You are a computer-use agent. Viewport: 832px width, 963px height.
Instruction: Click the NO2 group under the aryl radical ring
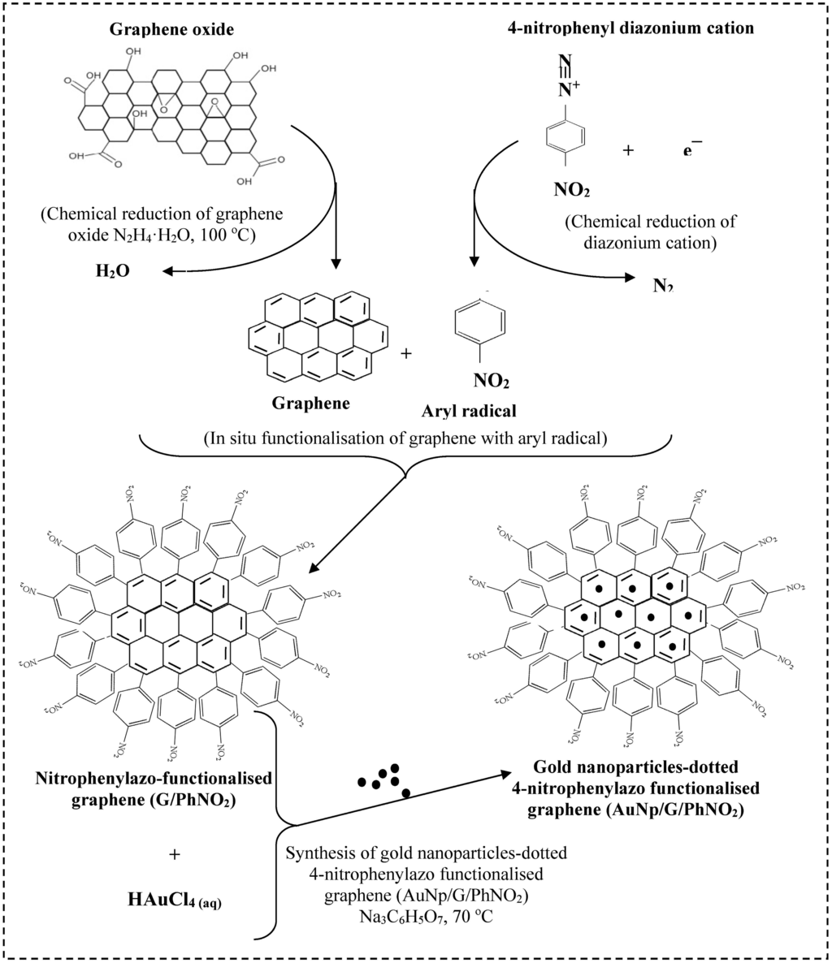pyautogui.click(x=491, y=378)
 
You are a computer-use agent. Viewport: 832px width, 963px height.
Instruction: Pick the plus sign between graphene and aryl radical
pyautogui.click(x=406, y=354)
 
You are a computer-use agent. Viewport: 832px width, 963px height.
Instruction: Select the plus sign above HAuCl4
pyautogui.click(x=173, y=854)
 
